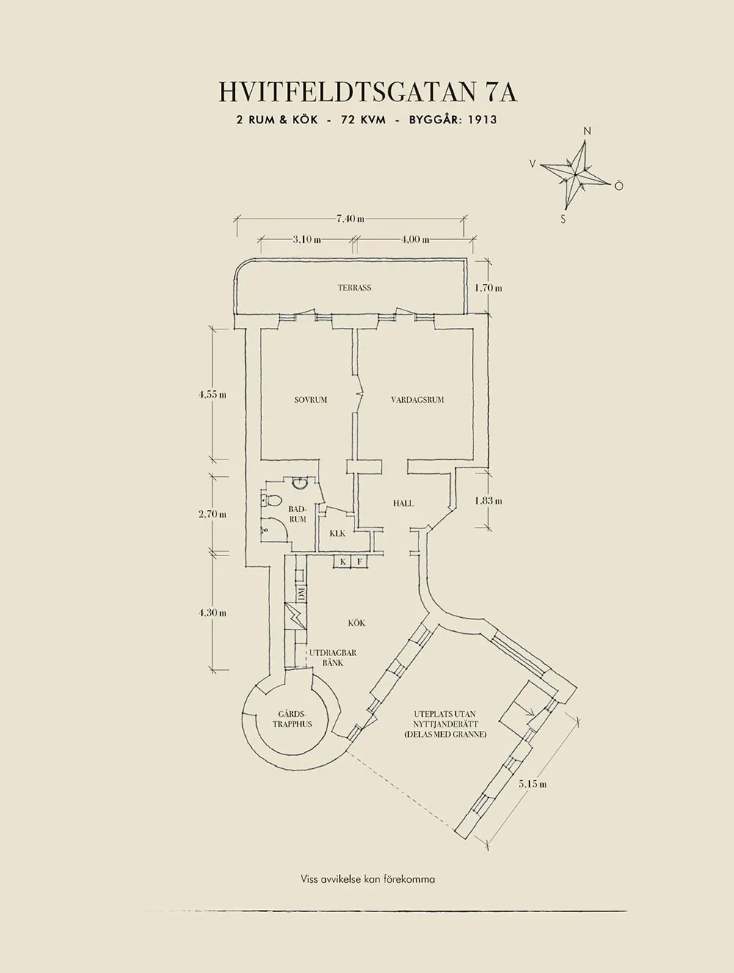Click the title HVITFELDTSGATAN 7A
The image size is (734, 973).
(x=367, y=92)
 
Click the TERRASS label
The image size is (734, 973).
(x=355, y=288)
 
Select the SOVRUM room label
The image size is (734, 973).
(x=310, y=400)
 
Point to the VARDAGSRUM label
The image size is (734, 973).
(x=418, y=400)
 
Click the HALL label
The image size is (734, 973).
(x=403, y=503)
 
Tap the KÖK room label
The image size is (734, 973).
(x=357, y=623)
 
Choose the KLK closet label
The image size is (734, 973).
(x=337, y=533)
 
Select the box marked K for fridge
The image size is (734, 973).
(x=342, y=562)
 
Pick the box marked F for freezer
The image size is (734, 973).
(x=360, y=562)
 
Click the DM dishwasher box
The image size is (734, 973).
(x=301, y=593)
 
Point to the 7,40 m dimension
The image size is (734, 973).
(x=350, y=218)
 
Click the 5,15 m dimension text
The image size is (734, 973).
(x=533, y=784)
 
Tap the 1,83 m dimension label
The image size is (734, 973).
(x=488, y=501)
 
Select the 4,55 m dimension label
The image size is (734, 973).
(x=212, y=395)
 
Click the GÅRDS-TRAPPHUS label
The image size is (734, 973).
(x=292, y=719)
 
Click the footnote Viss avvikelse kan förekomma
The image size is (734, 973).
(x=367, y=878)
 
